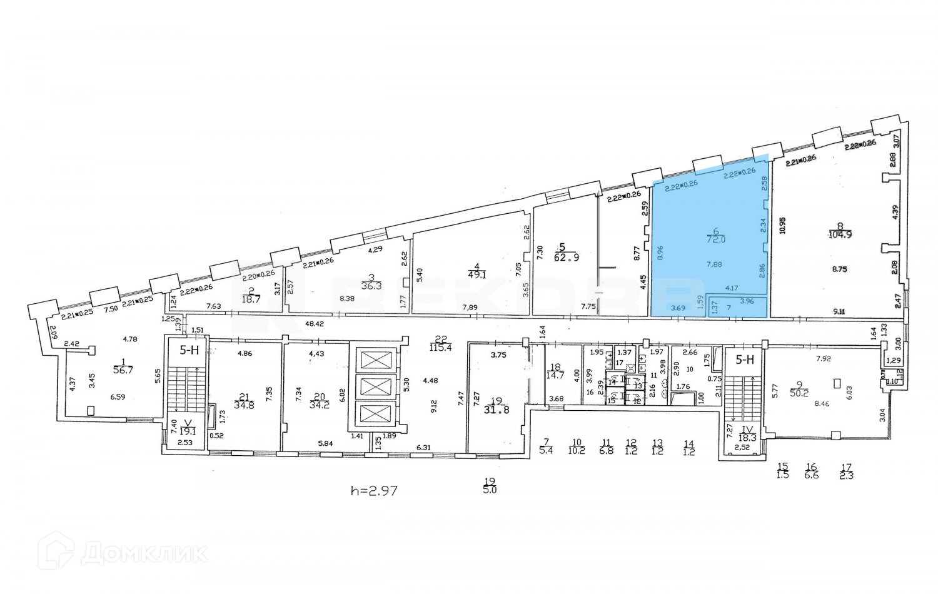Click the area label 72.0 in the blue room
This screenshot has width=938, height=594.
(716, 239)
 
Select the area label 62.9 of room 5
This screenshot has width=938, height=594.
(566, 256)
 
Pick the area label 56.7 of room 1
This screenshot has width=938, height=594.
(123, 370)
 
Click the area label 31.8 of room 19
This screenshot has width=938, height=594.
(497, 410)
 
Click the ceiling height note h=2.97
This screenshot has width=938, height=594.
(374, 491)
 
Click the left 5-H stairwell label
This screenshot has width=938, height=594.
(189, 350)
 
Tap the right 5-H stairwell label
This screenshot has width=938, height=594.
(745, 360)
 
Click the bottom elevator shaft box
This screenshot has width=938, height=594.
(373, 415)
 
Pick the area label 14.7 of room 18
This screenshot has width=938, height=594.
(554, 375)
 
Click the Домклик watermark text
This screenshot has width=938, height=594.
(144, 553)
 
